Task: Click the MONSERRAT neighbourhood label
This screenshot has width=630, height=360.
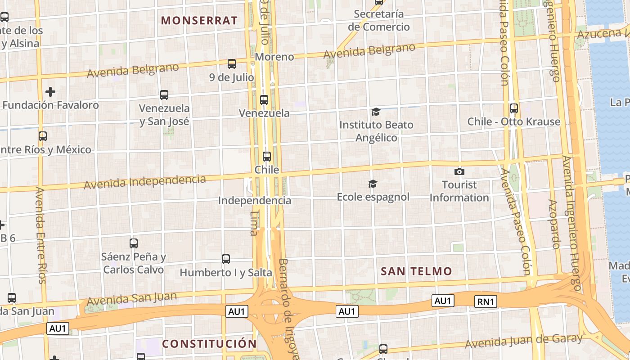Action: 199,20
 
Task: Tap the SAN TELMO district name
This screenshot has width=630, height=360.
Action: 416,271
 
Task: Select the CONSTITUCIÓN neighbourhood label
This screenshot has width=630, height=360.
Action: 209,344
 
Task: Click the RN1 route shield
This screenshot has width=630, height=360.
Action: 486,301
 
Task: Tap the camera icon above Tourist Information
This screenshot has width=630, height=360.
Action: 459,171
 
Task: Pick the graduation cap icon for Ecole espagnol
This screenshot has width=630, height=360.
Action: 373,184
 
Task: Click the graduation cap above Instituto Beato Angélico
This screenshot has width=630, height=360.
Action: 375,112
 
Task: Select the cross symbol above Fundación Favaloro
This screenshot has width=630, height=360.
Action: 50,92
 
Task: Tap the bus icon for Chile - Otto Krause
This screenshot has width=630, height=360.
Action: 513,108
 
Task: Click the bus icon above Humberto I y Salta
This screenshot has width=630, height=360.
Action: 226,259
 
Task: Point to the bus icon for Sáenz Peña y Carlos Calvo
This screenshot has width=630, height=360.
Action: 134,243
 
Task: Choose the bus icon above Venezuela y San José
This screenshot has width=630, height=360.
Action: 164,95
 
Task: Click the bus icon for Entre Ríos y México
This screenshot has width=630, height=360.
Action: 43,136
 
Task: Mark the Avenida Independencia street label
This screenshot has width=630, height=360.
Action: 144,182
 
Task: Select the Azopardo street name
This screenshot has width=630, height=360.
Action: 554,224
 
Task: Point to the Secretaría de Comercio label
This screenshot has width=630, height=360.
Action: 379,20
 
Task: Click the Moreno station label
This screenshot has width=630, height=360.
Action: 274,57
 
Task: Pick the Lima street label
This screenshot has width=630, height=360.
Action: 254,223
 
